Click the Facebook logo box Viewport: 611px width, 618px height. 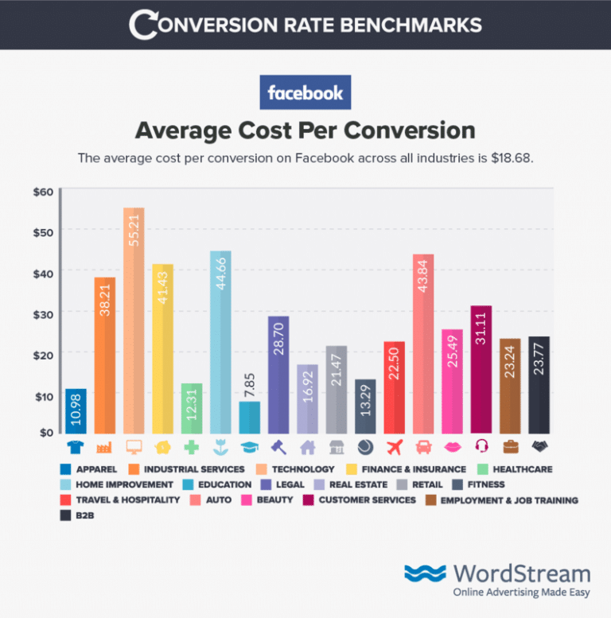pyautogui.click(x=305, y=93)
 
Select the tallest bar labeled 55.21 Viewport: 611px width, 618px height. pyautogui.click(x=134, y=318)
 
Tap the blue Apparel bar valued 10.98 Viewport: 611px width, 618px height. pyautogui.click(x=76, y=410)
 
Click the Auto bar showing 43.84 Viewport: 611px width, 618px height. pyautogui.click(x=423, y=342)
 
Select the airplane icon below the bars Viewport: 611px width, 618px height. pyautogui.click(x=394, y=446)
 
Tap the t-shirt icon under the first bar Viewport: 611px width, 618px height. pyautogui.click(x=76, y=446)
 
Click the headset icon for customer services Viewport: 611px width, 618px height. pyautogui.click(x=481, y=446)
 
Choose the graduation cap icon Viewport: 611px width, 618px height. pyautogui.click(x=249, y=446)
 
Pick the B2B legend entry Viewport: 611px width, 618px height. pyautogui.click(x=80, y=515)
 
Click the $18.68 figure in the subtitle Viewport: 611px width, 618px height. pyautogui.click(x=512, y=157)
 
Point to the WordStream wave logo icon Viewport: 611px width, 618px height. pyautogui.click(x=425, y=573)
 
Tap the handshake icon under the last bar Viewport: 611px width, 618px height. pyautogui.click(x=539, y=446)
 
